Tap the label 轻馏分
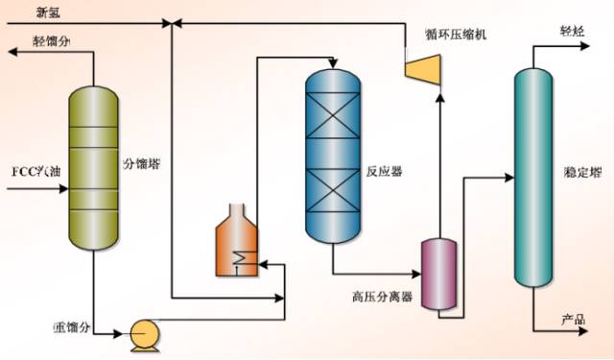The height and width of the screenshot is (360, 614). point(52,41)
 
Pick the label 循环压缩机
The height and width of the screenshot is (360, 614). point(458,35)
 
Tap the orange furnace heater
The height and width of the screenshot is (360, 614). point(236,245)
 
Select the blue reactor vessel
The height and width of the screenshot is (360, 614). point(333,154)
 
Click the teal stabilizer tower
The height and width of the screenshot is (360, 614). point(532,178)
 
